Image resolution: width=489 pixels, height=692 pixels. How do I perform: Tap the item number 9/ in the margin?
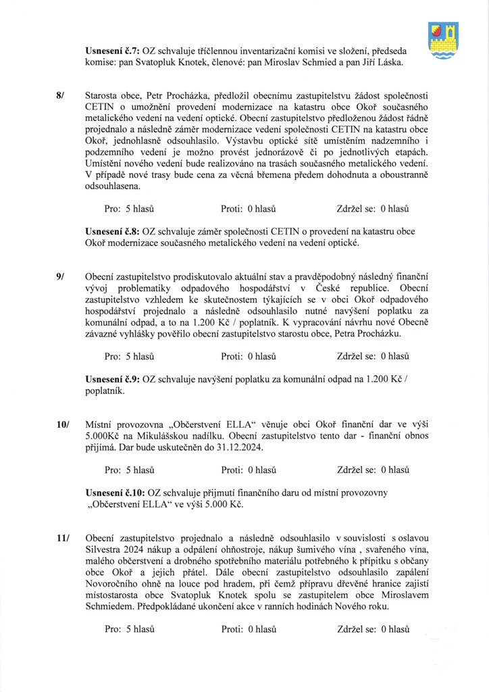coord(61,277)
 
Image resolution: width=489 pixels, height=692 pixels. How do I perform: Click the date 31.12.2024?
coord(271,447)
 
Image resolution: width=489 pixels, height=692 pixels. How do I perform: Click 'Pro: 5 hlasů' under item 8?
coord(130,208)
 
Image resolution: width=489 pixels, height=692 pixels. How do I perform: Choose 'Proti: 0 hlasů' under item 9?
coord(249,355)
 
